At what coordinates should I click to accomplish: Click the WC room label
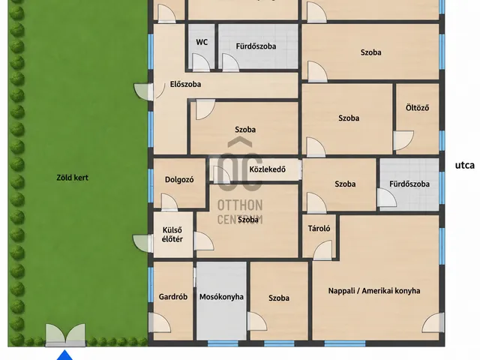coord(202,42)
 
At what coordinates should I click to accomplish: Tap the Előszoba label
coord(185,84)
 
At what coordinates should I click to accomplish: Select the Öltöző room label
coord(417,108)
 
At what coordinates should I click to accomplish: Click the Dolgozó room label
coord(179,180)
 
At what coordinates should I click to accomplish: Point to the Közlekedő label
coord(267,169)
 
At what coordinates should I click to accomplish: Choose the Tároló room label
coord(319,228)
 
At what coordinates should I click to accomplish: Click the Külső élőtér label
coord(172,235)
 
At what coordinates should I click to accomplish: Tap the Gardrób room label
coord(173,297)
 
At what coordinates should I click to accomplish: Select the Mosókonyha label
coord(222,297)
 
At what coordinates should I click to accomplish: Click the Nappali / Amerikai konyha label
coord(374,291)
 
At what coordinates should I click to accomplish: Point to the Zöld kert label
coord(73,178)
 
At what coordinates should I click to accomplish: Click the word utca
coord(465,165)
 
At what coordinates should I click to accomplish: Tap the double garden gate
coord(65,335)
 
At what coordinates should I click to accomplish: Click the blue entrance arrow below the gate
coord(65,355)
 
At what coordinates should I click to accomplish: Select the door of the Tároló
coord(322,250)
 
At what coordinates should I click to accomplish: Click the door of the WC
coord(201,62)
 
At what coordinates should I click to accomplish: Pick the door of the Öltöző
coord(403,140)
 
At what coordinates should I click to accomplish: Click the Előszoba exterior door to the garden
coord(143,91)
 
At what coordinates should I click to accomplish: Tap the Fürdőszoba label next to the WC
coord(256,46)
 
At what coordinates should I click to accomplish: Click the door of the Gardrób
coord(160,322)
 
